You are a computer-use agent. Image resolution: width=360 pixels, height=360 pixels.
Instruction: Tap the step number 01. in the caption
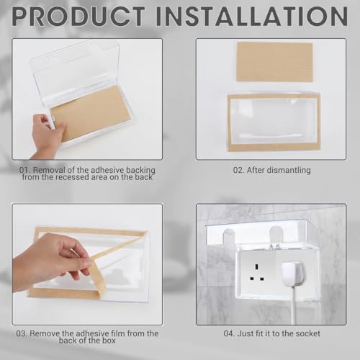(x=27, y=170)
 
